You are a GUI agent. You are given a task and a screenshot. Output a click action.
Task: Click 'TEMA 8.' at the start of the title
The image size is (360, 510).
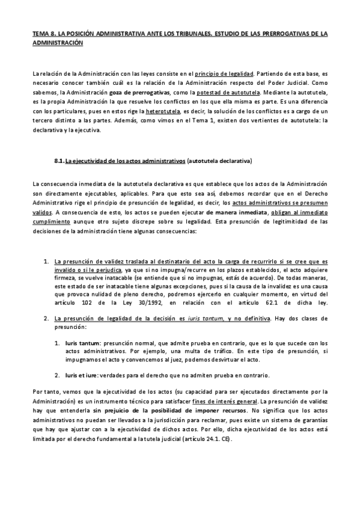pos(44,35)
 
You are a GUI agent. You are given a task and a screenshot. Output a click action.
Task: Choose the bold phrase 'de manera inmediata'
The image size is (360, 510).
pos(235,212)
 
